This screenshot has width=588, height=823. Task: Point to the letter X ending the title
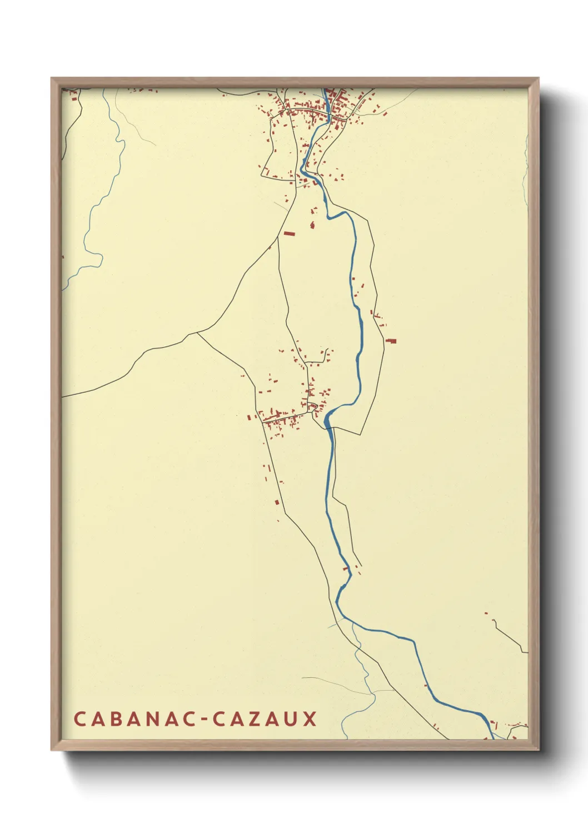coord(310,718)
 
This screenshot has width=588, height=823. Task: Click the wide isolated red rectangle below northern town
coord(288,234)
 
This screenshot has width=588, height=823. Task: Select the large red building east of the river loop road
coord(391,341)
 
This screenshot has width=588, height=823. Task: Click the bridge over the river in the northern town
coord(329,115)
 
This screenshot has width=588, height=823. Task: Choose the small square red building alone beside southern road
coord(277,502)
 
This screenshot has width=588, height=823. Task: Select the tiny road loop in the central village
coord(313,406)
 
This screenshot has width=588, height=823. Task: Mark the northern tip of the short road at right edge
coord(494,619)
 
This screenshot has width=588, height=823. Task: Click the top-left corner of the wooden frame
coord(52,78)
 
